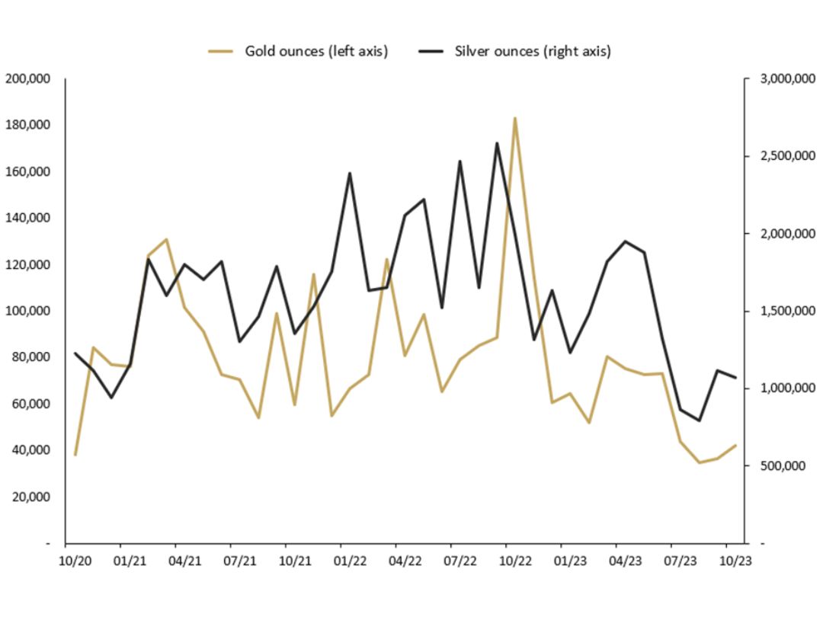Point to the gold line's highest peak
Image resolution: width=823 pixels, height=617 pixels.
click(515, 118)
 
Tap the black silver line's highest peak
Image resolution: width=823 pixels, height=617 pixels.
click(497, 143)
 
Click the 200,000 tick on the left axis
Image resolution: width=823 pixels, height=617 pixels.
click(27, 78)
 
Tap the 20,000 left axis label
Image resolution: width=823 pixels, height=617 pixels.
click(30, 497)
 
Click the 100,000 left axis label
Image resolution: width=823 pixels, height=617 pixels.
click(27, 311)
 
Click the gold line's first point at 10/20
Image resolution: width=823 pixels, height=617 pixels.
click(75, 455)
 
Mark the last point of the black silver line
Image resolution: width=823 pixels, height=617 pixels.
click(735, 378)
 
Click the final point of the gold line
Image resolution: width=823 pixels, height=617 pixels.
click(735, 446)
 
